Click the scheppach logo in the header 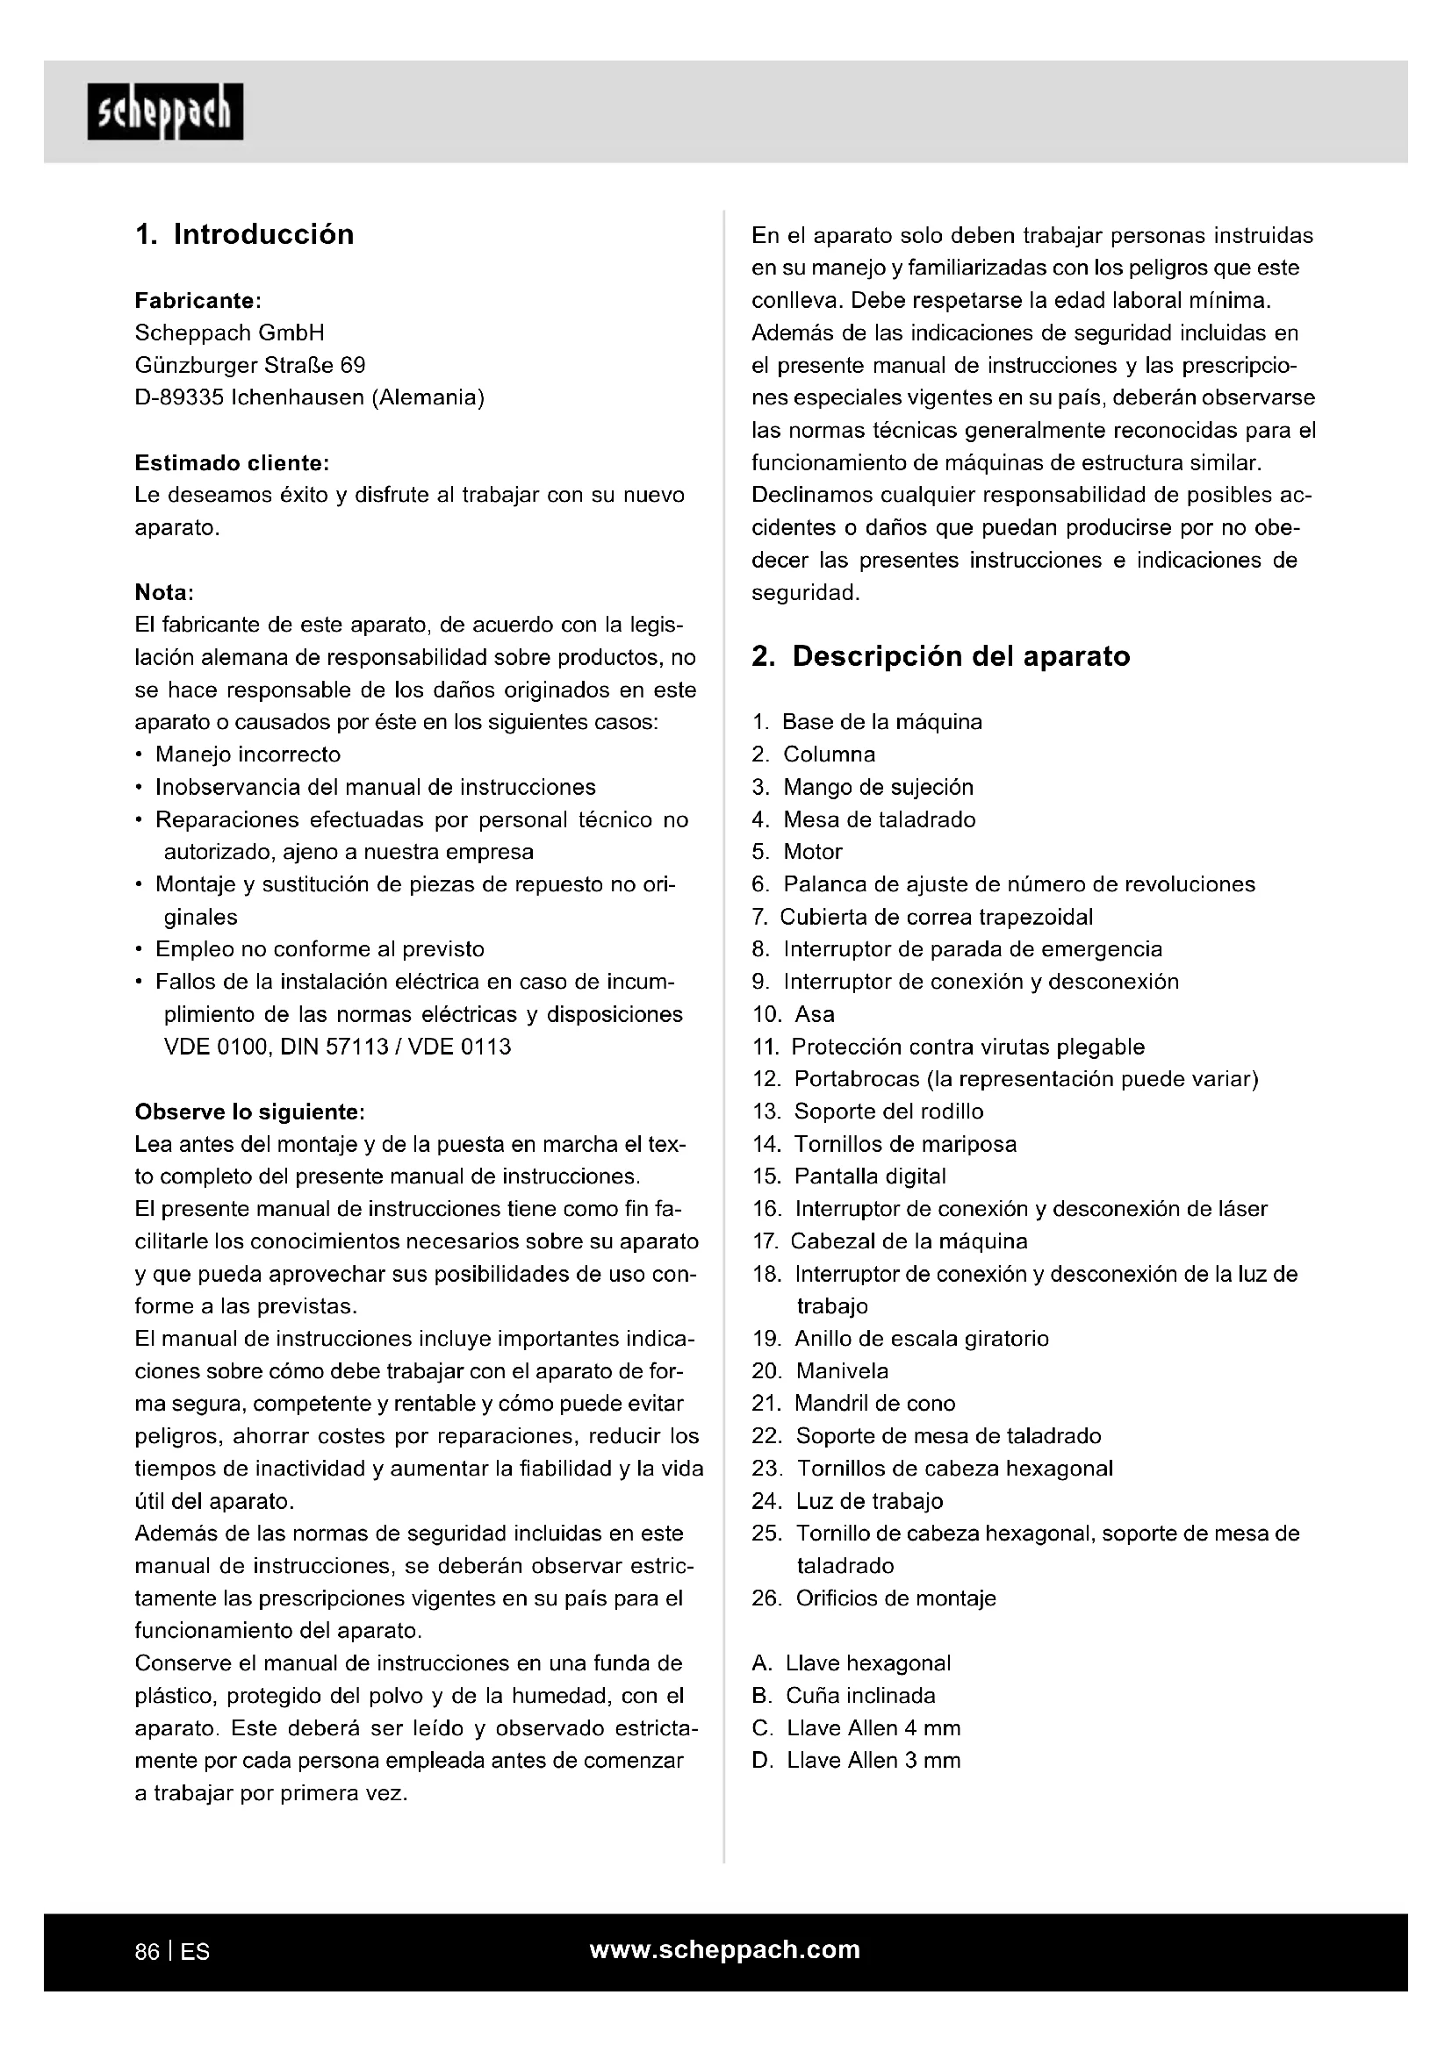tap(164, 111)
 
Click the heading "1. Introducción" tap(244, 234)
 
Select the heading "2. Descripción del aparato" tap(940, 656)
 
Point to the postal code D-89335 tap(179, 397)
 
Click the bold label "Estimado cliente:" tap(233, 463)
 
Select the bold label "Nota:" tap(164, 592)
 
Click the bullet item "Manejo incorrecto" tap(248, 754)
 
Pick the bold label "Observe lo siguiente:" tap(249, 1112)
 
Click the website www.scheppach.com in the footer tap(725, 1949)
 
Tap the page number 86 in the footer tap(147, 1951)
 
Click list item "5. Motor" tap(797, 852)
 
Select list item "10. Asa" tap(794, 1014)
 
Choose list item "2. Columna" tap(814, 754)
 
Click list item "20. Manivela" tap(821, 1371)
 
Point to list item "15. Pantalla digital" tap(850, 1176)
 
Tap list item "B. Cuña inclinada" tap(844, 1696)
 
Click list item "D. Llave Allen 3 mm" tap(857, 1761)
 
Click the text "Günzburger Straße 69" tap(250, 366)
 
